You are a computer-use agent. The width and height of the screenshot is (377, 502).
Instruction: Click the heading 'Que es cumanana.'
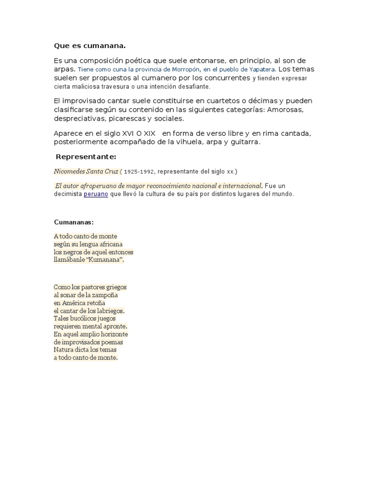point(90,46)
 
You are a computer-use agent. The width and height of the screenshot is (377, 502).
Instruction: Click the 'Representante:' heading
point(86,157)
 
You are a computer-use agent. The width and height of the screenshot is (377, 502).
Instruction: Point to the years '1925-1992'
point(139,172)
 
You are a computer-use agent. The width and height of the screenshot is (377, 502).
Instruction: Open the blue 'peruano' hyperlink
point(96,194)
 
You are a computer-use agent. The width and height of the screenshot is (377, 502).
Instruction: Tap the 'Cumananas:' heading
point(74,222)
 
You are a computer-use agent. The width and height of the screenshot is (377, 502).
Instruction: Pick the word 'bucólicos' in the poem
point(87,319)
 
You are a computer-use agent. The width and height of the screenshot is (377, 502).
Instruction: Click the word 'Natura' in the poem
point(64,350)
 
